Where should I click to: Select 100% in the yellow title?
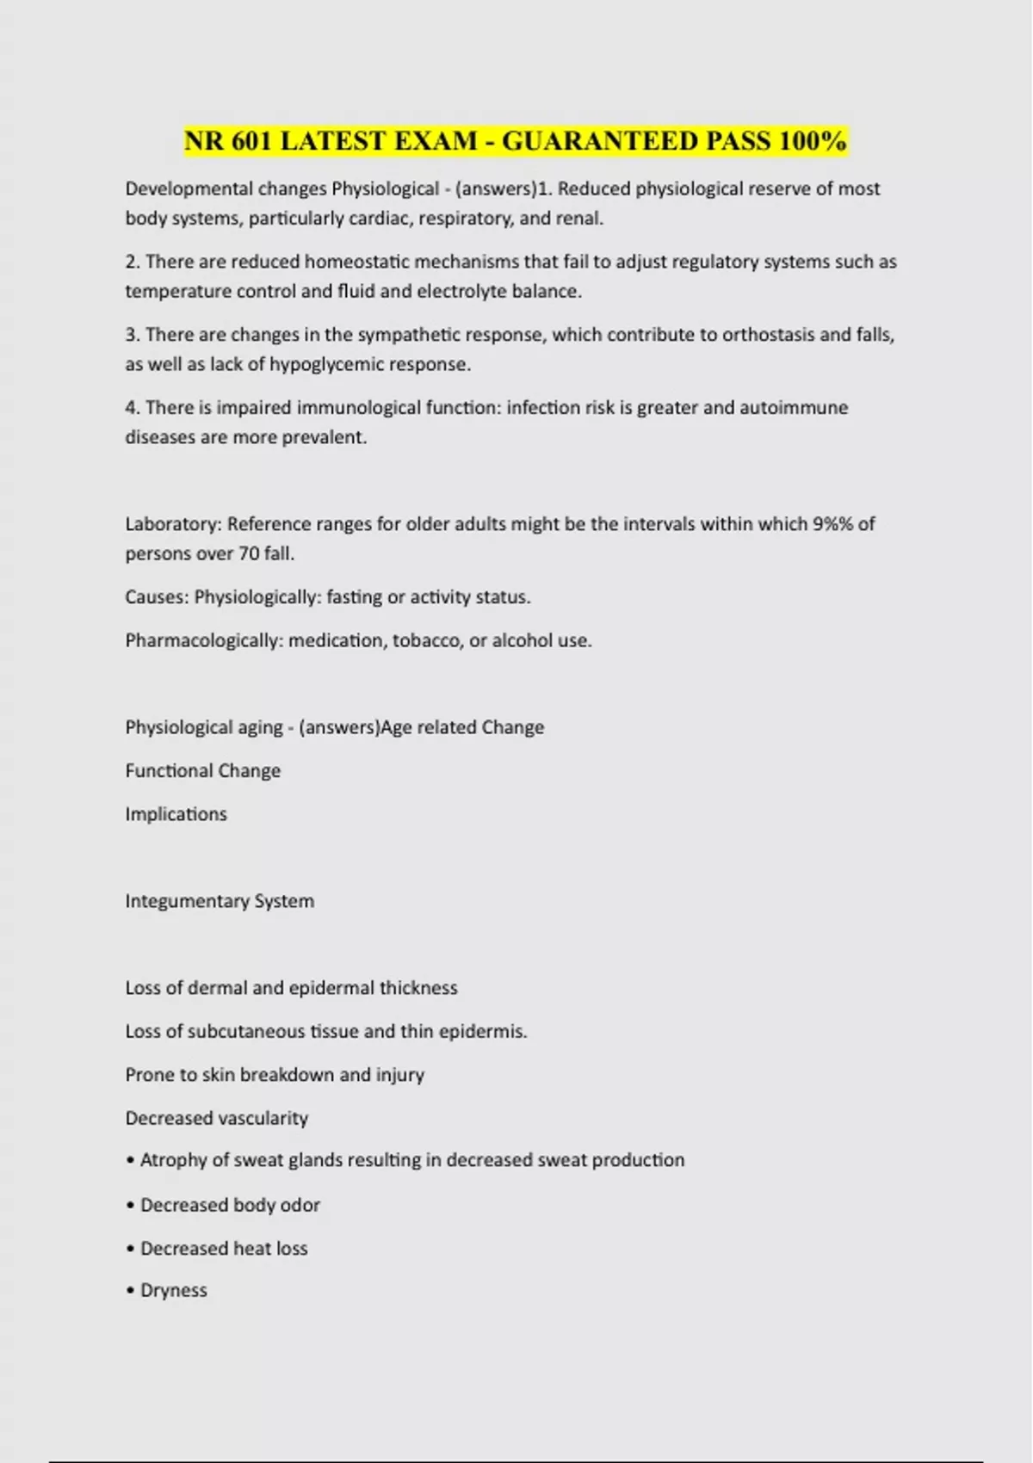813,140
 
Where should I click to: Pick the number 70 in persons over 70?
249,554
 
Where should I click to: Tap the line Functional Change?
203,771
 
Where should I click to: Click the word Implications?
176,814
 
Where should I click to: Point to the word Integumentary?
187,901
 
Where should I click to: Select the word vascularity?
263,1118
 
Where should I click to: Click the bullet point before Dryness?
131,1291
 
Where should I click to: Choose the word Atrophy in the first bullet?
173,1160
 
